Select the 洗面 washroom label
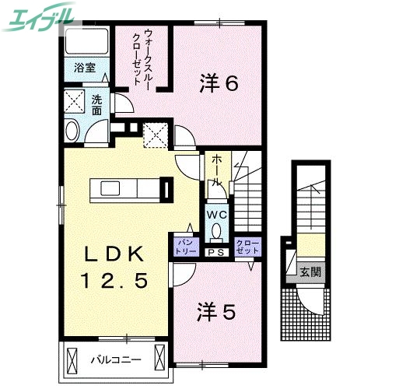[x=97, y=104]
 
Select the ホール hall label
[x=215, y=169]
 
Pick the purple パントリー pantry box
[x=185, y=247]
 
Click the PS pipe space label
[x=215, y=252]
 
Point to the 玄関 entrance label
[x=310, y=272]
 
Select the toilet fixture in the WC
[x=215, y=231]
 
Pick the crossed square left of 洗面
[x=75, y=102]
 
